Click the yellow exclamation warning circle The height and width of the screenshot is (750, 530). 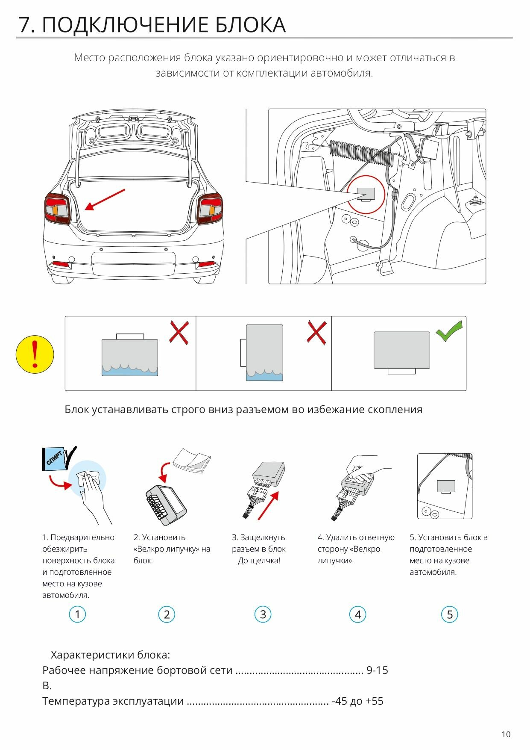(x=35, y=354)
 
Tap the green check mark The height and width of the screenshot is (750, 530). (x=449, y=331)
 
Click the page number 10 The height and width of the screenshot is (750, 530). (x=506, y=734)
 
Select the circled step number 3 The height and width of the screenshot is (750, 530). (x=263, y=614)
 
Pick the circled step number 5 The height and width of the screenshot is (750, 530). (x=449, y=614)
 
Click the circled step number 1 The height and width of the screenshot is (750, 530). (x=77, y=614)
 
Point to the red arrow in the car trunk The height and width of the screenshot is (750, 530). (x=105, y=200)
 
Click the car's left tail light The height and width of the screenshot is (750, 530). (x=58, y=209)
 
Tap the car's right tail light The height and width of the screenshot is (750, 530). (x=209, y=209)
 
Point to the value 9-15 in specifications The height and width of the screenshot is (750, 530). (x=377, y=670)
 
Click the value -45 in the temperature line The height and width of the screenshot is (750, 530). (x=339, y=701)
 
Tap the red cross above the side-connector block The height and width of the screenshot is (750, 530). (x=316, y=333)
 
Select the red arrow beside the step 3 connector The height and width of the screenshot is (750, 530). (x=268, y=505)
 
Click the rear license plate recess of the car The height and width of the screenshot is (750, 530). (x=134, y=263)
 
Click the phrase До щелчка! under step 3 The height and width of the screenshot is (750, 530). (x=259, y=560)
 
